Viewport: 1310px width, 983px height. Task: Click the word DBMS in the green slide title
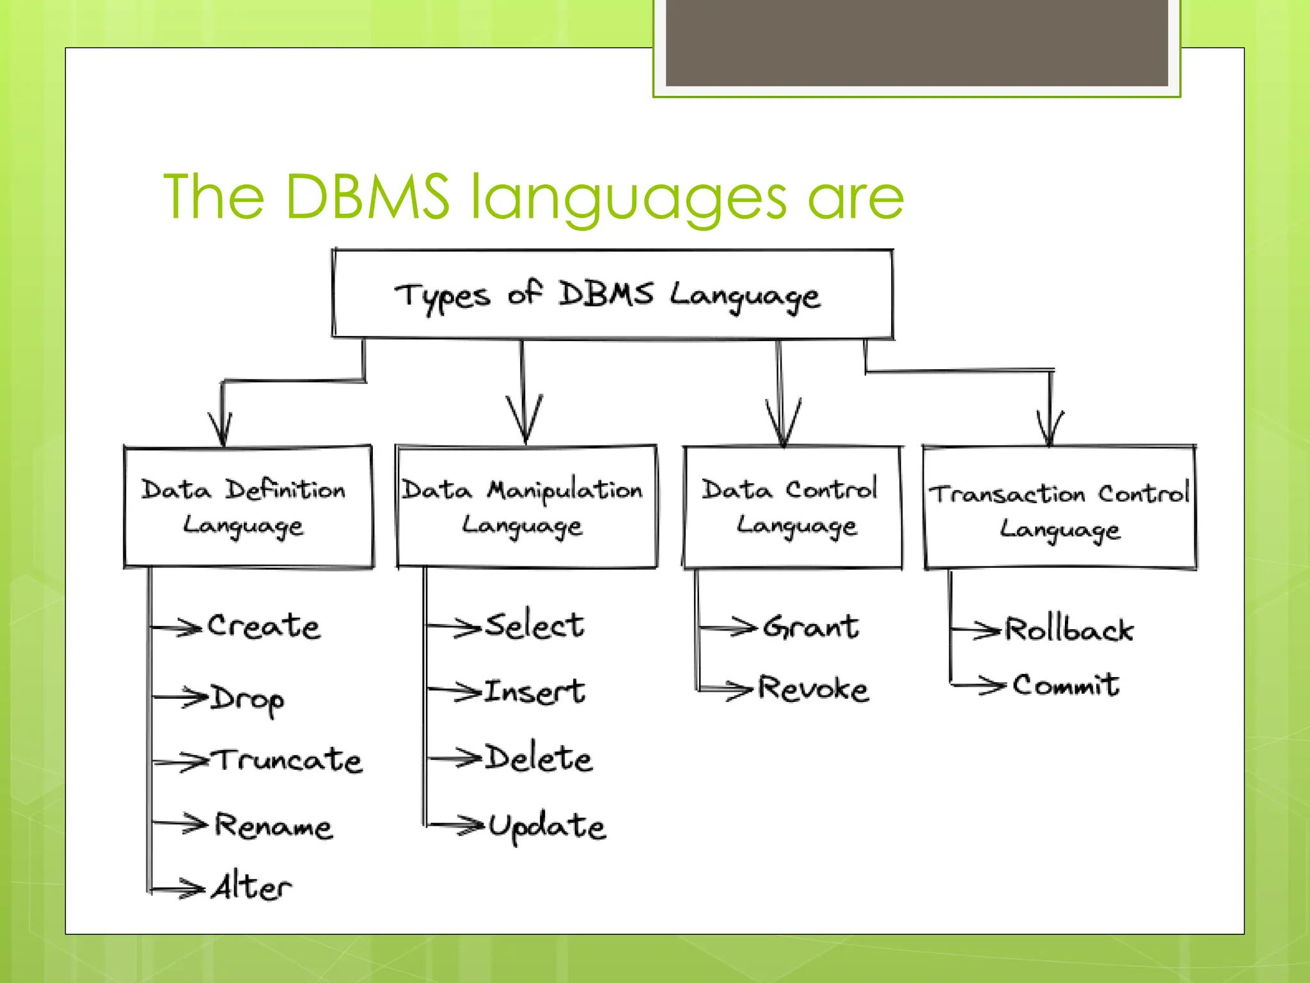(x=367, y=196)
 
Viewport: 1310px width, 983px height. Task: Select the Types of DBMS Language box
(x=612, y=294)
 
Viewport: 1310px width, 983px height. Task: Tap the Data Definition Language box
(x=248, y=507)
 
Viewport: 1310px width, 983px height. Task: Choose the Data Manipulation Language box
(x=526, y=507)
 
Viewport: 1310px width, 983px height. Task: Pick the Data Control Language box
(x=793, y=507)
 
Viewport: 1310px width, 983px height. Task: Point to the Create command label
(x=264, y=626)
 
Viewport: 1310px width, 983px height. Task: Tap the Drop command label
(x=248, y=699)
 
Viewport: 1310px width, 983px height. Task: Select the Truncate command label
(x=288, y=760)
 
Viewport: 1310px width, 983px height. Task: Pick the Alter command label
(x=252, y=887)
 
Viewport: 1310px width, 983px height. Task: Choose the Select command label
(x=535, y=625)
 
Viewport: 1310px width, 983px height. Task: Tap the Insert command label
(x=535, y=691)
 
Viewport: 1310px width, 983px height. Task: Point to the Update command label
(x=547, y=826)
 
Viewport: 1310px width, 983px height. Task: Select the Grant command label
(x=811, y=627)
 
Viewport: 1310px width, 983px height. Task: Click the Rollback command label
(x=1069, y=629)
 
